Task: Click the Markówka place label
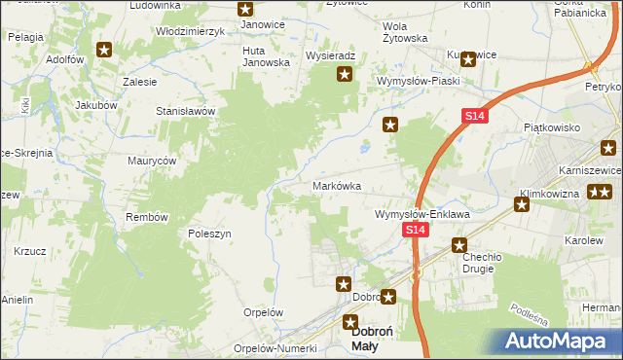point(337,185)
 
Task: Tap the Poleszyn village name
point(208,234)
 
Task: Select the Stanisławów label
point(185,111)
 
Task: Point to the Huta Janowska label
point(267,56)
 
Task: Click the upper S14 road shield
point(473,116)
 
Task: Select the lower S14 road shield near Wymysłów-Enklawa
point(416,230)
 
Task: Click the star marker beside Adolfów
point(104,50)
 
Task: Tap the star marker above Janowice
point(245,8)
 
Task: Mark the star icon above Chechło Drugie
point(459,246)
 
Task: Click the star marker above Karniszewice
point(608,149)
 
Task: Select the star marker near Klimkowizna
point(522,204)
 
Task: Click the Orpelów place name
point(263,312)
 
